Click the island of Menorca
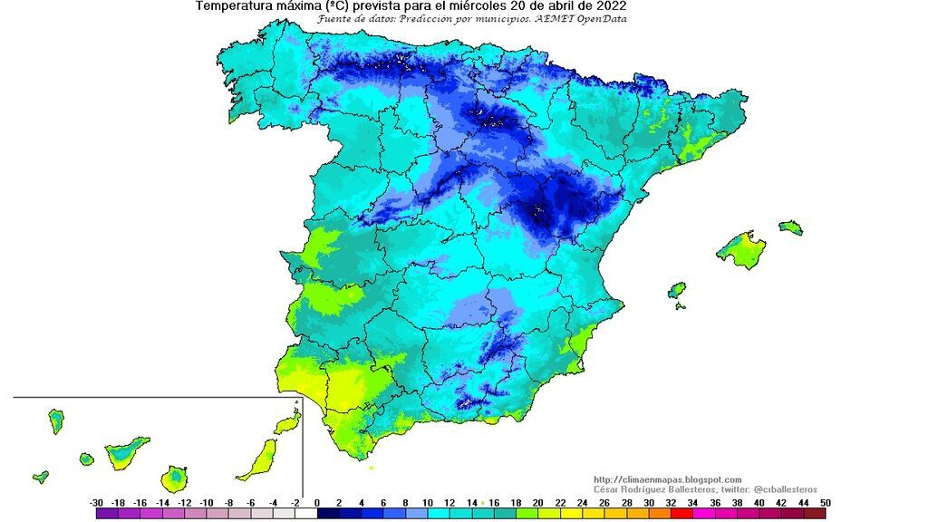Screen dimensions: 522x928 tap(791, 227)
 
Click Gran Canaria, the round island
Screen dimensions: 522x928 tap(175, 478)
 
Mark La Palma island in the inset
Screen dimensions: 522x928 tap(56, 420)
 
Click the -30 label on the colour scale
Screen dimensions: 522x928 tap(96, 502)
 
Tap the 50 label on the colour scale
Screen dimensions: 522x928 tap(824, 502)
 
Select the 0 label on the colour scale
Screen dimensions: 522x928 tap(317, 502)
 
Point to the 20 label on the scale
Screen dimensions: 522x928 tap(538, 502)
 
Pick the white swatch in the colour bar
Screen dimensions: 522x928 tap(305, 513)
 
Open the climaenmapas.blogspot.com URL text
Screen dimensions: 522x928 tap(667, 479)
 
